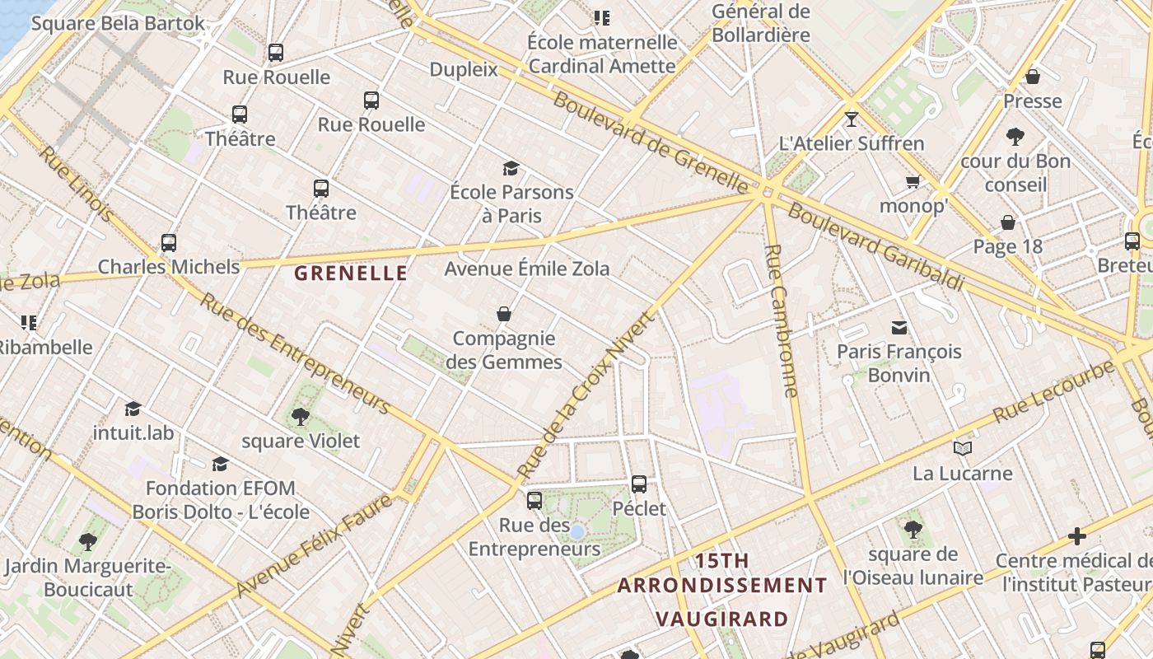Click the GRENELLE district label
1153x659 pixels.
(x=351, y=273)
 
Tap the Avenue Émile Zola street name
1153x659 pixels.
(x=527, y=269)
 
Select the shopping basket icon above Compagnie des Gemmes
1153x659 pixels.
(x=504, y=314)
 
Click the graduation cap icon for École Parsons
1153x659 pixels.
(x=511, y=169)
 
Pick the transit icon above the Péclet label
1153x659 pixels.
(x=639, y=484)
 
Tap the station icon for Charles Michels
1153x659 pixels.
(x=169, y=243)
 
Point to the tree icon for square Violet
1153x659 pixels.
(x=301, y=417)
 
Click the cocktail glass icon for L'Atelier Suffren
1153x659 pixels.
(x=852, y=119)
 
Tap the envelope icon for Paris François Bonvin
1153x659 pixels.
(x=899, y=328)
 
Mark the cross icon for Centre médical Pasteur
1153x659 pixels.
(x=1077, y=537)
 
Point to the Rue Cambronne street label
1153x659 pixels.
(x=782, y=321)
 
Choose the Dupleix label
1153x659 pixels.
(x=464, y=69)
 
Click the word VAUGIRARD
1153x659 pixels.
(x=721, y=619)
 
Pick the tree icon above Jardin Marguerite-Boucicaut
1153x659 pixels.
(x=88, y=542)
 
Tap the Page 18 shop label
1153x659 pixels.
(x=1007, y=246)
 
